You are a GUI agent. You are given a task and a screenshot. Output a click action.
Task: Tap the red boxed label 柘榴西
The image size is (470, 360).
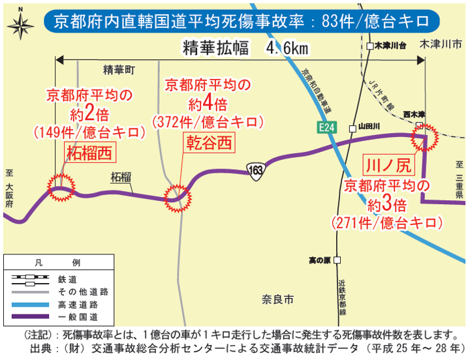point(89,153)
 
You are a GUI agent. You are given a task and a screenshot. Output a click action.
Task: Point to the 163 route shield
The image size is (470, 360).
point(255,170)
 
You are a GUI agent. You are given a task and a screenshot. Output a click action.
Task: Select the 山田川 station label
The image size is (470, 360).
point(369,128)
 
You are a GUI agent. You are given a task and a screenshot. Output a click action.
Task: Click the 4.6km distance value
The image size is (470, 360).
point(287,48)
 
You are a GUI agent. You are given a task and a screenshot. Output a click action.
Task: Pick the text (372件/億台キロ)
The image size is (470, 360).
point(208,121)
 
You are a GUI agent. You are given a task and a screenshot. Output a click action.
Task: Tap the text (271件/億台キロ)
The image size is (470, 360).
point(387,222)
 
